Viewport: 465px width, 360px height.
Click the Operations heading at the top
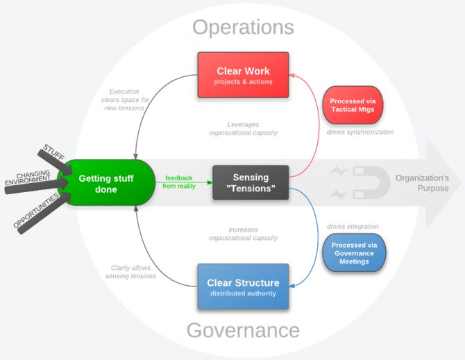coord(243,27)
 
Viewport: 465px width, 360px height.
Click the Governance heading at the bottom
coord(243,330)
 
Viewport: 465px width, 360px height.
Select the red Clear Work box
coord(243,75)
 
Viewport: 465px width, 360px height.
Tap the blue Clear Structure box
coord(243,286)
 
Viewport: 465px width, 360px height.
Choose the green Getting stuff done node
coord(106,183)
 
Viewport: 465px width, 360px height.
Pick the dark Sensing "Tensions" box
coord(251,182)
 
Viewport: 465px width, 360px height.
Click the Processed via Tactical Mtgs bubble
coord(353,105)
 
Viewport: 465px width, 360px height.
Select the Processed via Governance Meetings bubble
coord(354,252)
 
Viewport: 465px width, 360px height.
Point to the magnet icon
coord(371,182)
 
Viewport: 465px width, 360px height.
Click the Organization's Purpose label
coord(422,183)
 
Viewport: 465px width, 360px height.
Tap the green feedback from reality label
coord(179,182)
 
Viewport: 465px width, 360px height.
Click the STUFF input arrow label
coord(54,152)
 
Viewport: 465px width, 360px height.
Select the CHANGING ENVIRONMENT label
coord(28,178)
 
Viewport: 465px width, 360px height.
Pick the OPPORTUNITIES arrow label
coord(36,210)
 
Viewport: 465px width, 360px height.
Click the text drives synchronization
coord(360,132)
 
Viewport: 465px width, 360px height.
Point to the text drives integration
coord(353,226)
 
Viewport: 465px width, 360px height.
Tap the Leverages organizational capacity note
coord(243,128)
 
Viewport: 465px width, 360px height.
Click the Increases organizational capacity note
coord(243,234)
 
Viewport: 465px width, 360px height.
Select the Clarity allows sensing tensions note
coord(130,272)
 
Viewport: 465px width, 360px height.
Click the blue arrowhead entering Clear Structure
coord(291,286)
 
